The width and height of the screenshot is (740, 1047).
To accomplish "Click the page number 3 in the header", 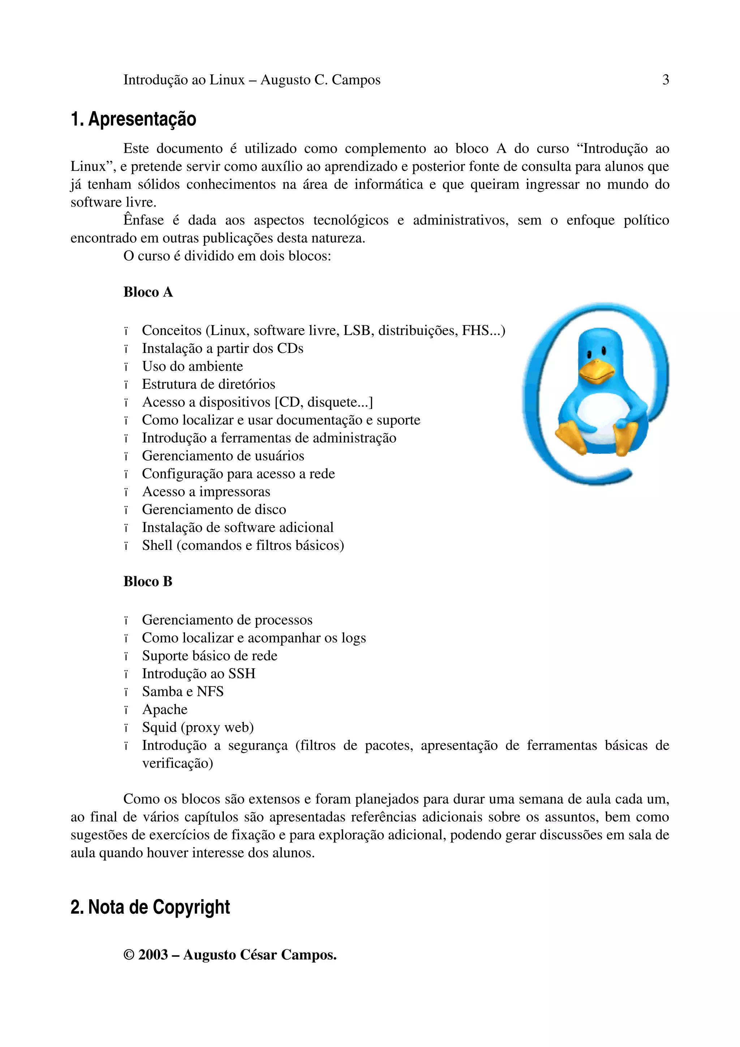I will (665, 80).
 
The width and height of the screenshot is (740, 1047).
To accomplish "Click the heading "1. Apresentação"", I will (133, 119).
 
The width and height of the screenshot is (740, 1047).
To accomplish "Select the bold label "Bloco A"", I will (148, 292).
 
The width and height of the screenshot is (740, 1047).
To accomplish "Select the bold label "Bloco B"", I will (148, 581).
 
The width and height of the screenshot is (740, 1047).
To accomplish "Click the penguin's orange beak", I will (597, 369).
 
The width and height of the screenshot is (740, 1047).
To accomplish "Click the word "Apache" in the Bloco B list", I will (165, 710).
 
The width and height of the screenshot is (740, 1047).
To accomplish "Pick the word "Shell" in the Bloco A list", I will (157, 546).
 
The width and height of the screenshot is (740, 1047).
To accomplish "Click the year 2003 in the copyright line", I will (153, 955).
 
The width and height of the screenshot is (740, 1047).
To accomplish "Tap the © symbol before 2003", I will (129, 955).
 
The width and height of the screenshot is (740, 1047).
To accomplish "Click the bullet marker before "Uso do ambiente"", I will (126, 367).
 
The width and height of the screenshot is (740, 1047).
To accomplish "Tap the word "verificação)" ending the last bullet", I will (177, 763).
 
